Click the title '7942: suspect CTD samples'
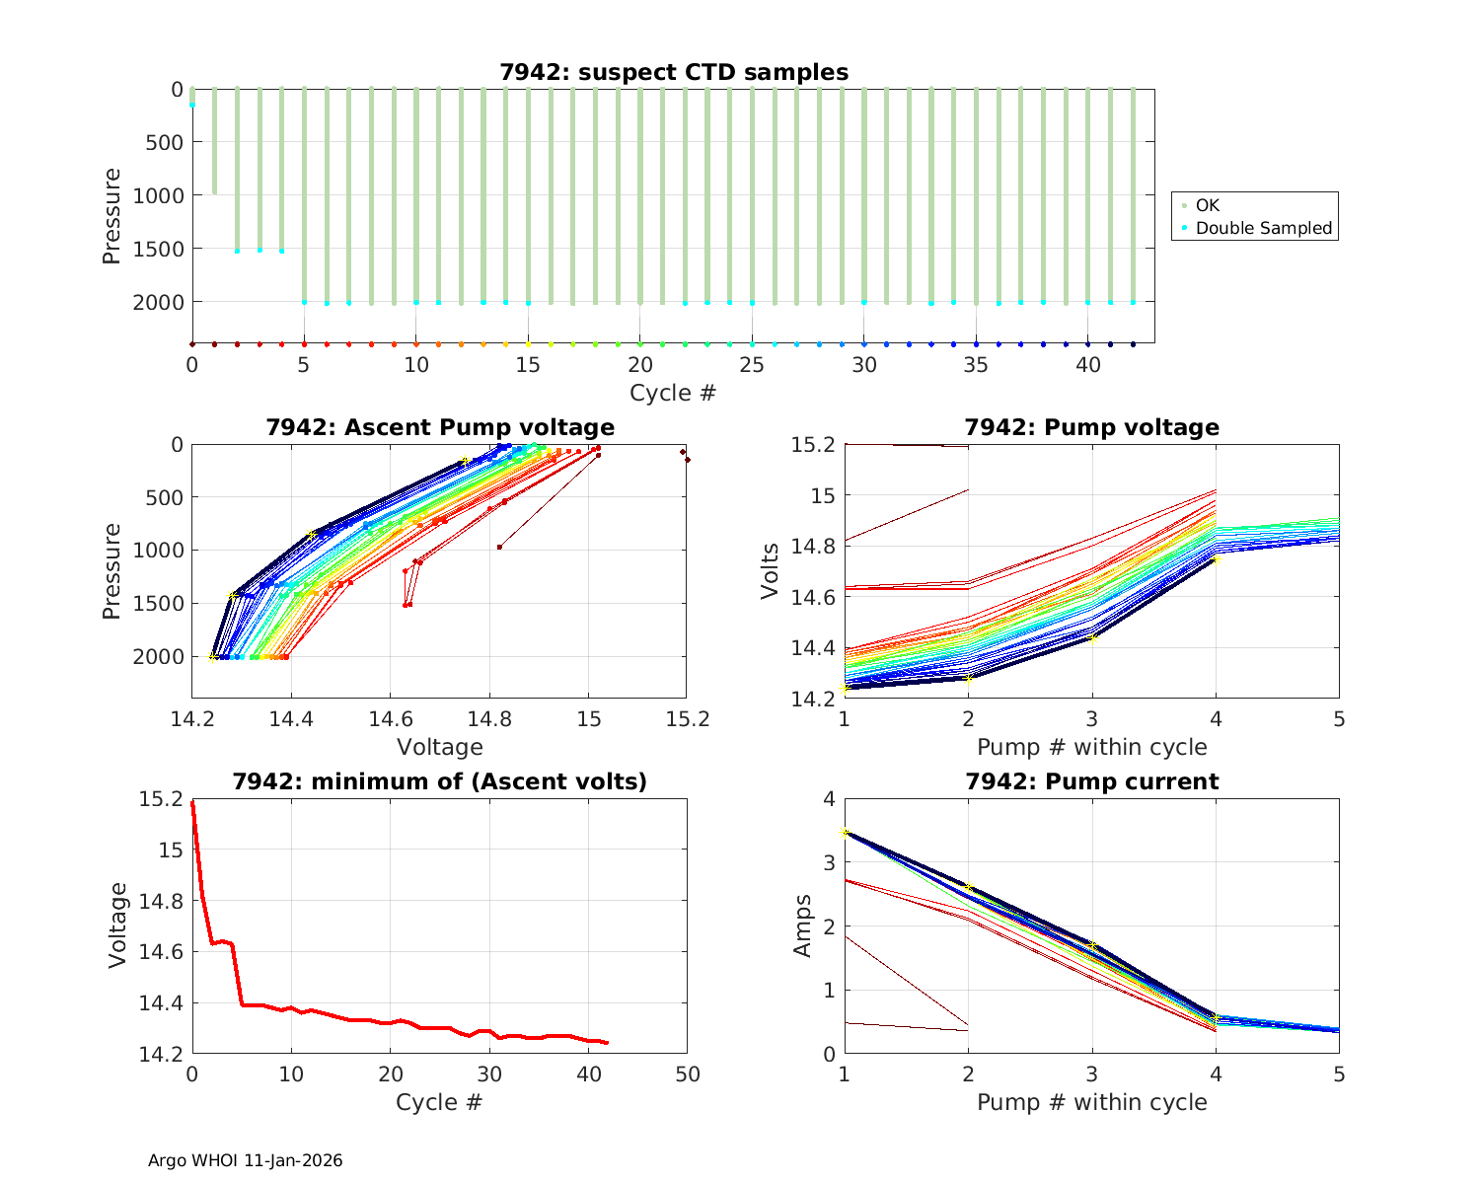click(674, 72)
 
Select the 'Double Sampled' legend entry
click(1263, 228)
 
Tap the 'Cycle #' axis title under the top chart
click(673, 393)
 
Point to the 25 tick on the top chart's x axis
click(752, 364)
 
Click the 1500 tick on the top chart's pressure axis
click(158, 249)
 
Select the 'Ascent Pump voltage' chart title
click(439, 427)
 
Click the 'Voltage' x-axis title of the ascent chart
click(439, 747)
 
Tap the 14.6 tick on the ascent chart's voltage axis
click(588, 718)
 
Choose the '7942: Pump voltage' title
click(1091, 427)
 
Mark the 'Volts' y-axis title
click(771, 570)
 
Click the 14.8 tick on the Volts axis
click(813, 547)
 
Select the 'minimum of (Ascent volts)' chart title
click(439, 781)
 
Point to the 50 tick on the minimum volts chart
click(687, 1073)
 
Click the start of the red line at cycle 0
click(192, 803)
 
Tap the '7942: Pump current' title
click(1091, 781)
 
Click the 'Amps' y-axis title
click(802, 925)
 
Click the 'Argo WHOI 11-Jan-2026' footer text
click(245, 1160)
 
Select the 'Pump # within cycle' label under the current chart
click(1091, 1102)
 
